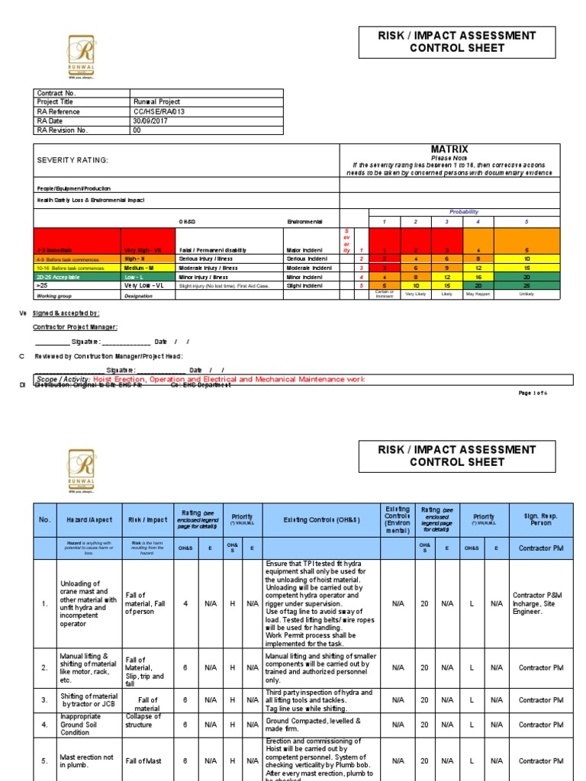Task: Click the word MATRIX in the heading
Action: pyautogui.click(x=449, y=149)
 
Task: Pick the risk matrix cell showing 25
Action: pyautogui.click(x=526, y=285)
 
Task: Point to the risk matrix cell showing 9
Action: pyautogui.click(x=447, y=268)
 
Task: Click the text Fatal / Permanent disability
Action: pyautogui.click(x=214, y=250)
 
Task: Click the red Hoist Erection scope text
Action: pyautogui.click(x=228, y=379)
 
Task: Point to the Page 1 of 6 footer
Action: pyautogui.click(x=533, y=393)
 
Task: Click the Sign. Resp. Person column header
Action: pyautogui.click(x=540, y=519)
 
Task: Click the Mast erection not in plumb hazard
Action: pyautogui.click(x=87, y=760)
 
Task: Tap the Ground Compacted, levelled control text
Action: pyautogui.click(x=313, y=725)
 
